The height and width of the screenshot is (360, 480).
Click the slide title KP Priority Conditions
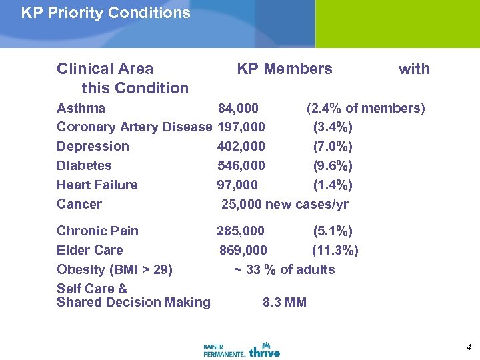[x=105, y=13]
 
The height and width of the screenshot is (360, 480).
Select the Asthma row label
[x=81, y=108]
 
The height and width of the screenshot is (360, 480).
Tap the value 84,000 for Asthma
[x=239, y=108]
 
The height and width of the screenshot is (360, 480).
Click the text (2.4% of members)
[x=365, y=108]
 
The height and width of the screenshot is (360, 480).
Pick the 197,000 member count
[x=241, y=127]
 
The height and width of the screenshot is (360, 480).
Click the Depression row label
[x=93, y=147]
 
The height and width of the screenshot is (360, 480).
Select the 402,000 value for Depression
[x=241, y=147]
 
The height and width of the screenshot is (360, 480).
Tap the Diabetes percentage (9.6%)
[x=333, y=166]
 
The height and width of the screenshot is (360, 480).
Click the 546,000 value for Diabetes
[x=241, y=166]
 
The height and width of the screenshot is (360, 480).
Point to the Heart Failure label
[x=97, y=185]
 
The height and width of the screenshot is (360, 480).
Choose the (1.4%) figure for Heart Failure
[x=333, y=185]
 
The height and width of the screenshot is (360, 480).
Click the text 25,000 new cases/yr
[x=285, y=205]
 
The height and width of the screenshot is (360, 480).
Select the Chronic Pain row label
[x=97, y=231]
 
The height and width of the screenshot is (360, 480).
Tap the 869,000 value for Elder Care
[x=243, y=251]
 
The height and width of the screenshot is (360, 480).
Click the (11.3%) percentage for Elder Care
[x=335, y=251]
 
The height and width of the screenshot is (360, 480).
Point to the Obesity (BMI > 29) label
[x=115, y=270]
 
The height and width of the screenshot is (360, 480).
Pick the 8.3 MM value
[x=285, y=303]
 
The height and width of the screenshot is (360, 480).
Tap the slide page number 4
[x=469, y=347]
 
